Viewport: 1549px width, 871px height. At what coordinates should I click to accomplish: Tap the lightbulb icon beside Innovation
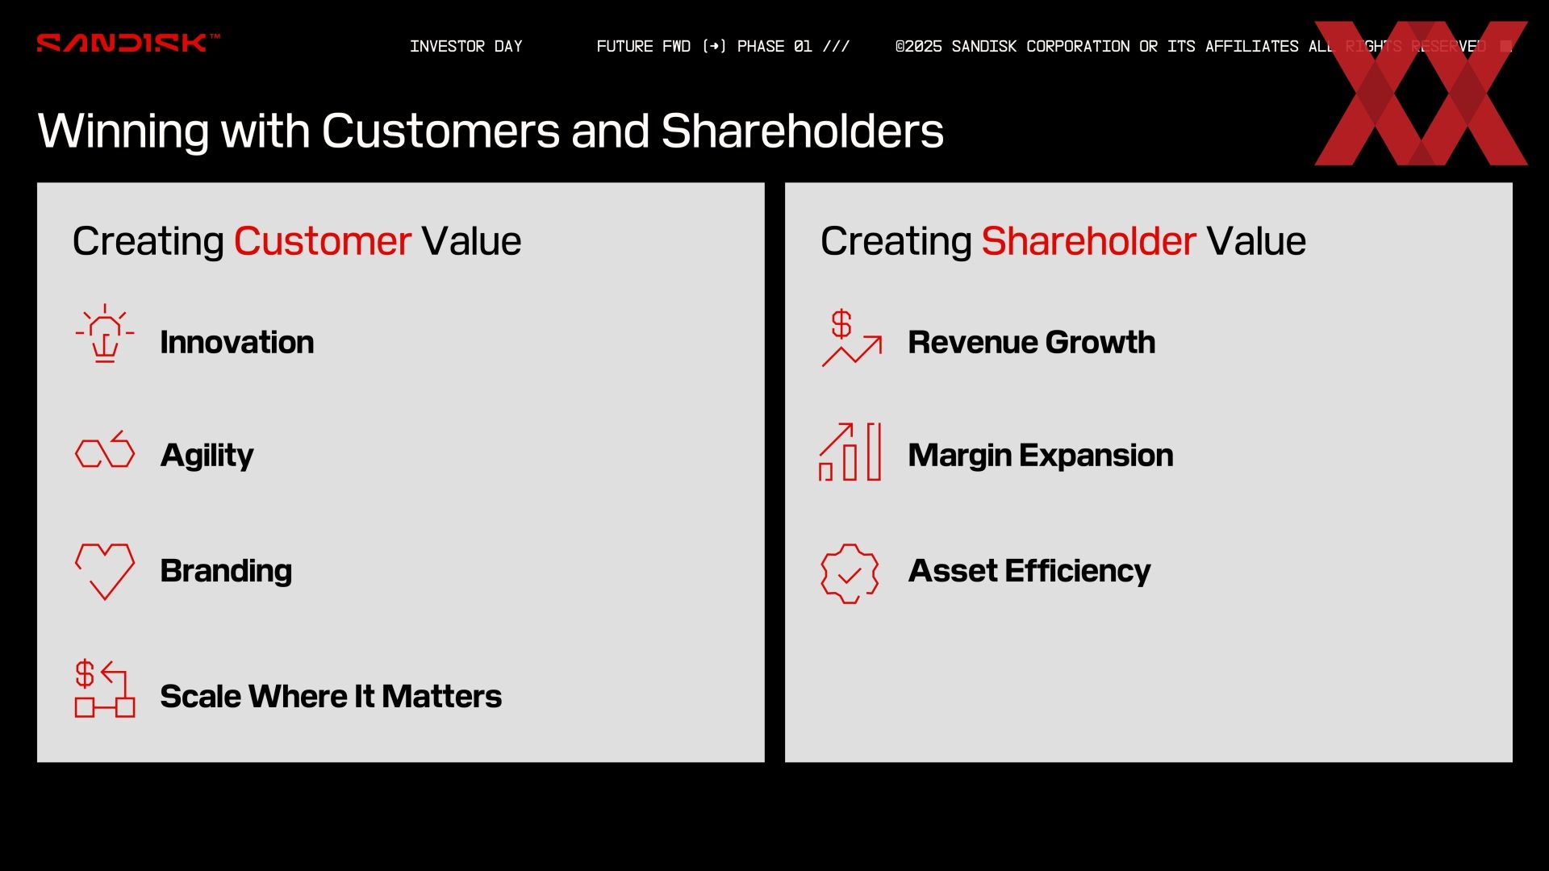[105, 333]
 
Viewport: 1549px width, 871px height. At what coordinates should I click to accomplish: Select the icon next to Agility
[105, 449]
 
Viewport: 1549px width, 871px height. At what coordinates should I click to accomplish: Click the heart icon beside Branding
[105, 571]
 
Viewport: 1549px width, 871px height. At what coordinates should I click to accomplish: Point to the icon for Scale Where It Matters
[105, 689]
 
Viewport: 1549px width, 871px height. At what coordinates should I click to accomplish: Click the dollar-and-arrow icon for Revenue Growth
[852, 338]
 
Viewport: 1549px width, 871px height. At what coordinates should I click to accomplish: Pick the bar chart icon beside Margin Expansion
[850, 452]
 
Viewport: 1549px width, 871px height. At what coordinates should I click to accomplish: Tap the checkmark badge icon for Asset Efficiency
[850, 573]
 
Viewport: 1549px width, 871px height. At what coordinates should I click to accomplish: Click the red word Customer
[323, 241]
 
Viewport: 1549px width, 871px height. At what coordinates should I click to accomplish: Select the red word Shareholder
[1088, 241]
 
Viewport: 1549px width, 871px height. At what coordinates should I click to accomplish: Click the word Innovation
[237, 342]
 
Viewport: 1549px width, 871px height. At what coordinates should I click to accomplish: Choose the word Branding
[226, 571]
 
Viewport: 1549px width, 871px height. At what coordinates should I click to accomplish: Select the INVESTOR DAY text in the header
[466, 46]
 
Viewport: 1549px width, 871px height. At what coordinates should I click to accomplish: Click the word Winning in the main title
[123, 131]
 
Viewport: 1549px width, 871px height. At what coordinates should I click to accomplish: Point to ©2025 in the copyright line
[918, 46]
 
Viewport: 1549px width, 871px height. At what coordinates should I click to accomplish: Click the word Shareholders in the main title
[802, 131]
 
